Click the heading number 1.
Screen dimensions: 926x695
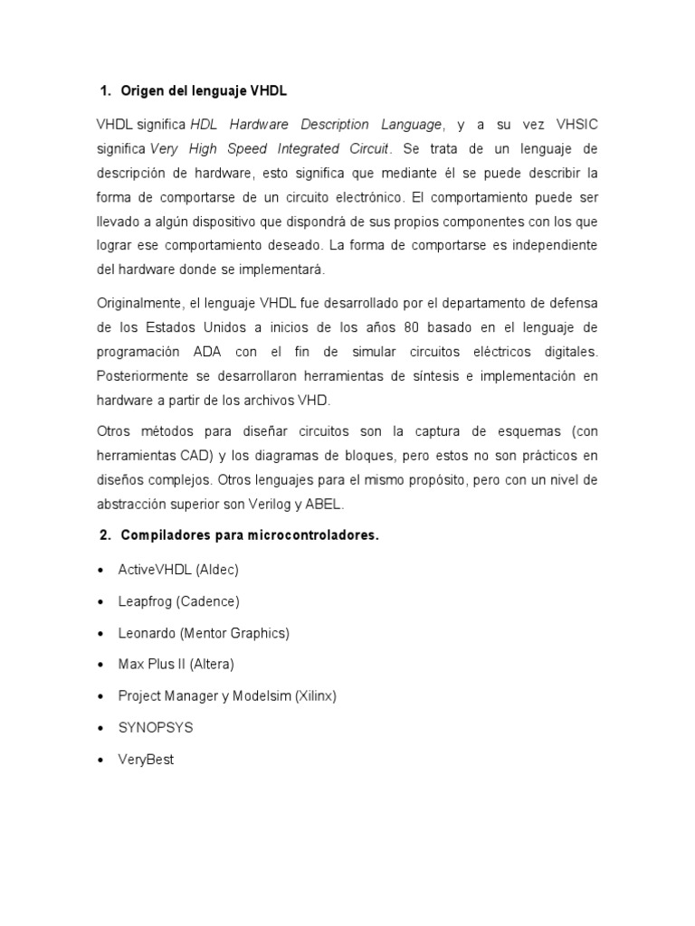pos(103,91)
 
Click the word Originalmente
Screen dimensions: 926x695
pos(139,301)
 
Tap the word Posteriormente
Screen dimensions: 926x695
pos(144,374)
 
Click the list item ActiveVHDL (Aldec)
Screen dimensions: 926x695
pos(178,570)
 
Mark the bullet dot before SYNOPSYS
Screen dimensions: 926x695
pos(100,728)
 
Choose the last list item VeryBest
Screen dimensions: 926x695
pos(146,760)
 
